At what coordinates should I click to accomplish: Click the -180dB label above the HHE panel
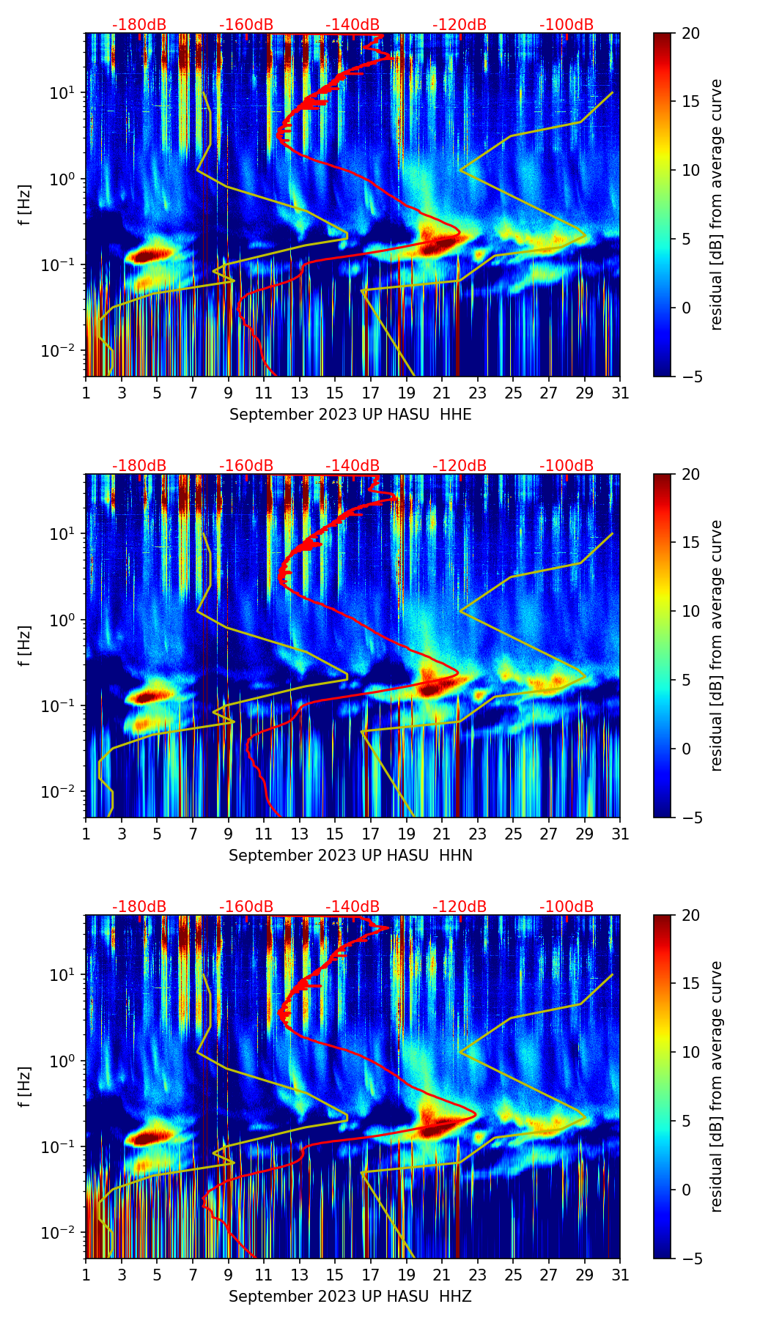click(139, 25)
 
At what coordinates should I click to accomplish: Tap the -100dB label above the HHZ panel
click(567, 907)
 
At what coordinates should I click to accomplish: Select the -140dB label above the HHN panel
click(353, 466)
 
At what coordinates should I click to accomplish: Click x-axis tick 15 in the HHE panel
click(335, 393)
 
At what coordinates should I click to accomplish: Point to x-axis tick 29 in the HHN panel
click(584, 834)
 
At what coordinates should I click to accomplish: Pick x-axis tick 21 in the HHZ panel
click(442, 1275)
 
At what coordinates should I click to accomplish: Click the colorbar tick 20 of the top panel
click(690, 33)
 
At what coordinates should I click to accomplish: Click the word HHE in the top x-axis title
click(455, 415)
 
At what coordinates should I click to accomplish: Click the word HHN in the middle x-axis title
click(456, 856)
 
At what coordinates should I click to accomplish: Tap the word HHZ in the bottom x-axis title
click(455, 1297)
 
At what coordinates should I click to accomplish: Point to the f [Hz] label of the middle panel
click(26, 645)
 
